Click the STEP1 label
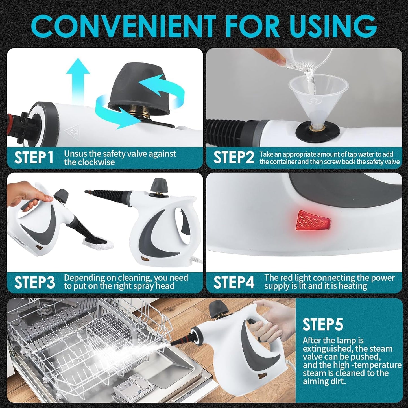click(x=34, y=158)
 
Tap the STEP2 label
click(x=234, y=158)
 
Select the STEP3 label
click(x=34, y=282)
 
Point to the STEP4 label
click(x=234, y=282)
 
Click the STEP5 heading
click(x=322, y=324)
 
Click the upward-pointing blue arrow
click(x=78, y=79)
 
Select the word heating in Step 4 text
click(x=353, y=286)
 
